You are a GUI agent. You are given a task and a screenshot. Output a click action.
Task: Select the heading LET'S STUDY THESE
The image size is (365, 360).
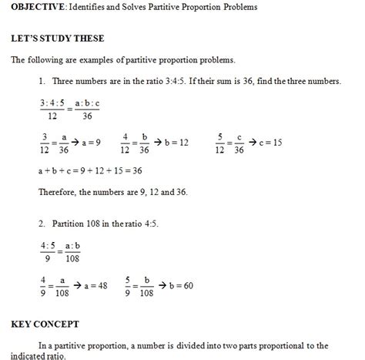pyautogui.click(x=58, y=38)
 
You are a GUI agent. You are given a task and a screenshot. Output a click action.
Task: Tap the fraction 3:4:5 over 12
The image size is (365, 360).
pyautogui.click(x=52, y=109)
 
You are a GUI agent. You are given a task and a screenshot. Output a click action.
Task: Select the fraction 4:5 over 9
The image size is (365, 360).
pyautogui.click(x=49, y=252)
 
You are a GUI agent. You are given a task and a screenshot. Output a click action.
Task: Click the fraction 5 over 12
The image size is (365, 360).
pyautogui.click(x=220, y=143)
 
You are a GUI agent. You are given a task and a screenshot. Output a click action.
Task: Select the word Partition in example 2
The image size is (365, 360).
pyautogui.click(x=71, y=224)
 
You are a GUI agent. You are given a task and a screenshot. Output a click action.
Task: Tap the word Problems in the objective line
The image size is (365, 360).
pyautogui.click(x=238, y=8)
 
